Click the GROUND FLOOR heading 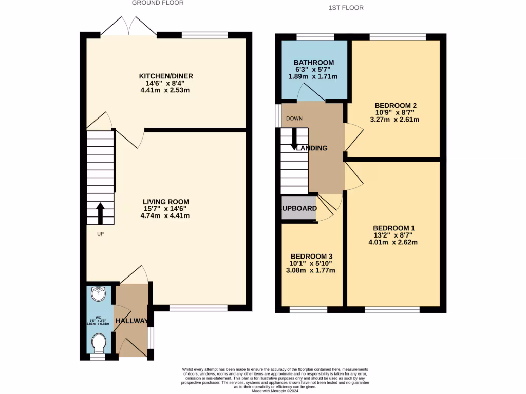[x=158, y=3]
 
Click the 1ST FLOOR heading [x=346, y=8]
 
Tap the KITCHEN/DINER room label [x=166, y=76]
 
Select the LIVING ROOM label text [x=166, y=202]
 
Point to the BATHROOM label [x=313, y=63]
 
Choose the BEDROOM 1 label [x=393, y=228]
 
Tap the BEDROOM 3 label [x=312, y=257]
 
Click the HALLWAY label [x=131, y=321]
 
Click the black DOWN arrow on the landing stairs [x=294, y=139]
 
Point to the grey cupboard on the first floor [x=298, y=208]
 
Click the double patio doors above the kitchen [x=128, y=26]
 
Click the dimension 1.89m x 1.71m [x=313, y=76]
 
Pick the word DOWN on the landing [x=294, y=119]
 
